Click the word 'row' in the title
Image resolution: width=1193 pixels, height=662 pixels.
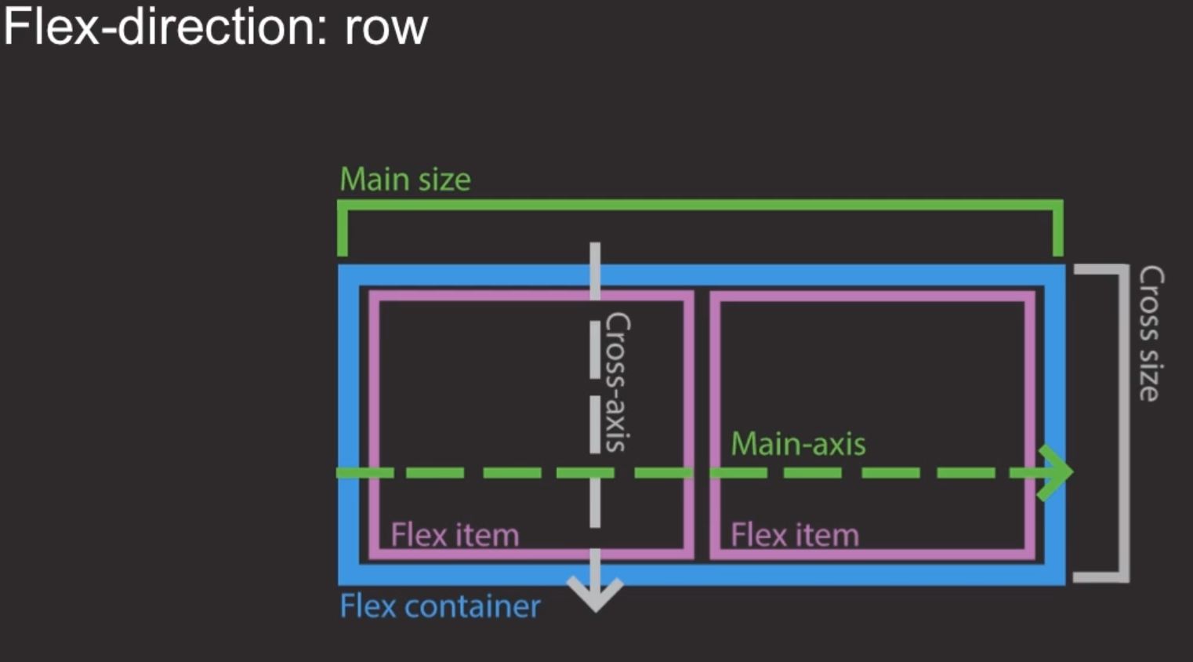pyautogui.click(x=386, y=28)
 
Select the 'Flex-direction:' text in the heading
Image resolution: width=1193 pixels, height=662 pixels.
pyautogui.click(x=165, y=27)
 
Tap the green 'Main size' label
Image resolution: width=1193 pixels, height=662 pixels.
pyautogui.click(x=404, y=180)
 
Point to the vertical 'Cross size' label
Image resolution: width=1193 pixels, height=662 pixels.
pyautogui.click(x=1150, y=333)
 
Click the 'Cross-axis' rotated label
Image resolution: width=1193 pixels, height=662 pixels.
pyautogui.click(x=618, y=381)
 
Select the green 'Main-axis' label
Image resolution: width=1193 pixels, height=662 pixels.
pyautogui.click(x=798, y=444)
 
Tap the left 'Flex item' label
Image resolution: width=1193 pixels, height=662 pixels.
pyautogui.click(x=455, y=535)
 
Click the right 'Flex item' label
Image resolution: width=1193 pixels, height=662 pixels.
pyautogui.click(x=794, y=535)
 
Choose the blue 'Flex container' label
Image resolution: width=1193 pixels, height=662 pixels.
pyautogui.click(x=440, y=606)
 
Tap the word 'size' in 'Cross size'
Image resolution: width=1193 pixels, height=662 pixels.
pyautogui.click(x=1150, y=376)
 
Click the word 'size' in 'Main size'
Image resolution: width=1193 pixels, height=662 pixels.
pyautogui.click(x=444, y=180)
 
